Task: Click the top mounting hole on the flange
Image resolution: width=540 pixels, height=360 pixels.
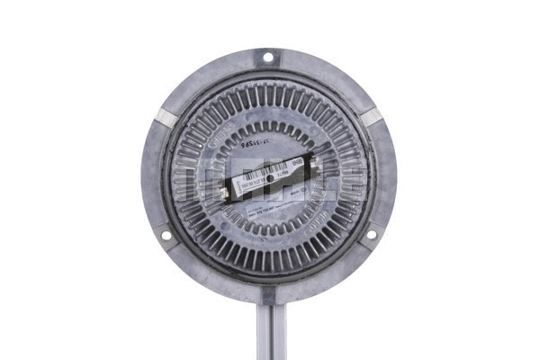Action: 267,59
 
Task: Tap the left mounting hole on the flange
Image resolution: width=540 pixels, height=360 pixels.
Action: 166,236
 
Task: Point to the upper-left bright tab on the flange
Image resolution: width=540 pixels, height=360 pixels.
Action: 166,117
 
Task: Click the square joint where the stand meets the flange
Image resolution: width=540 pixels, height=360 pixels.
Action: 269,293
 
